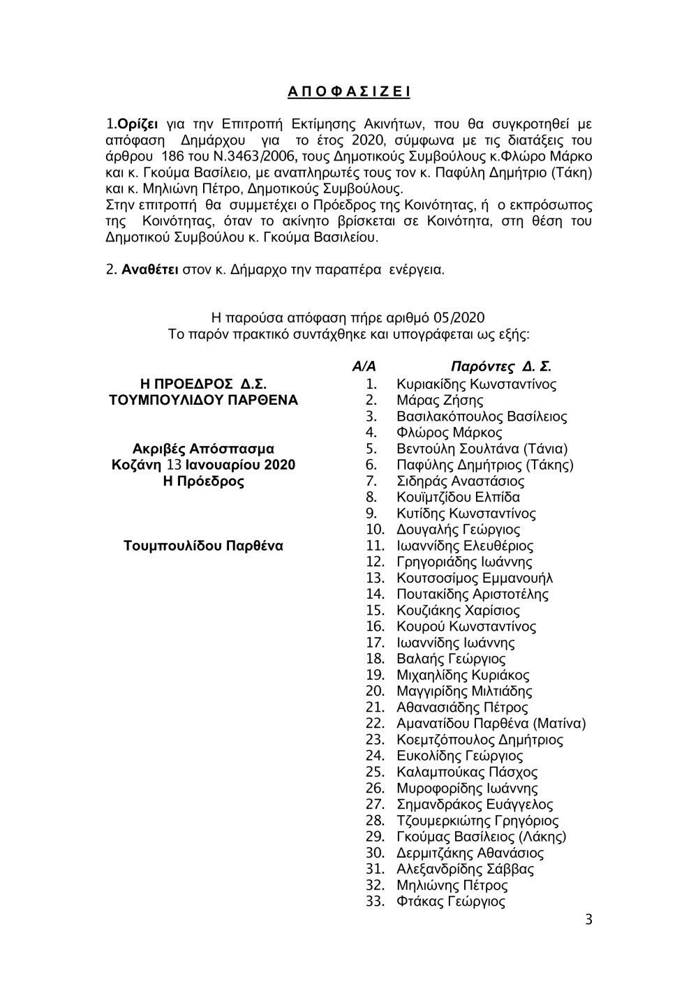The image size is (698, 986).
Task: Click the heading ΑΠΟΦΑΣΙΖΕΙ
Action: (x=348, y=91)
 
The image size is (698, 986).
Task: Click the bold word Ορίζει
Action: (x=138, y=125)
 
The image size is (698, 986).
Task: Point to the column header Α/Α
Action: (x=364, y=367)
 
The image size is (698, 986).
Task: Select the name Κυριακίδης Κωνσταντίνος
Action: (x=476, y=384)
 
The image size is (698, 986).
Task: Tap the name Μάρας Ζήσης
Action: (x=440, y=400)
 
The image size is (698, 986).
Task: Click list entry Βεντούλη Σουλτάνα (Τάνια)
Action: (x=482, y=449)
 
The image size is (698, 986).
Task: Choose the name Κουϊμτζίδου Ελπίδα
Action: (x=458, y=497)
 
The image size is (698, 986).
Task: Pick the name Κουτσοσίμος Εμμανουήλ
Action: (x=475, y=578)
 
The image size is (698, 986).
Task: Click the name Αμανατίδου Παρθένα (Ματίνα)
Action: (x=491, y=723)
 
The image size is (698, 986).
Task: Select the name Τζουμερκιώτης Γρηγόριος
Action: (x=477, y=821)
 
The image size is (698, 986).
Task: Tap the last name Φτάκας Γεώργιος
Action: (x=451, y=901)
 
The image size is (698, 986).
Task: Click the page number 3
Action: (x=588, y=919)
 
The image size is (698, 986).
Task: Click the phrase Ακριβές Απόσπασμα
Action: (x=203, y=449)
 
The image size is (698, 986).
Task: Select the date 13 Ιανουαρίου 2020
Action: (x=231, y=465)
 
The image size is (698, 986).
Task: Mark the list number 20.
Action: (x=375, y=691)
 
